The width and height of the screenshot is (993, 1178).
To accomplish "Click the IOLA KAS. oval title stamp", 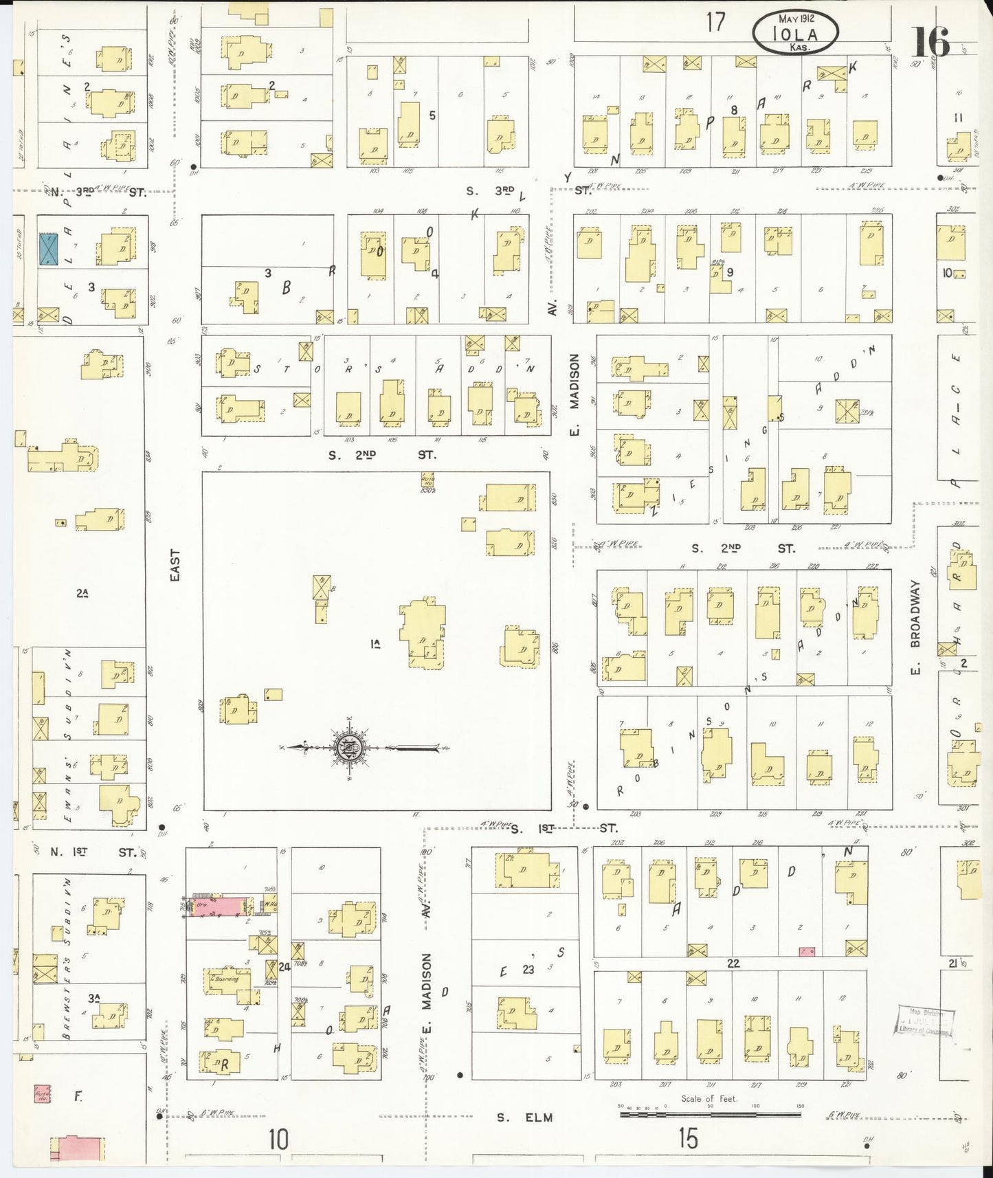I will coord(796,33).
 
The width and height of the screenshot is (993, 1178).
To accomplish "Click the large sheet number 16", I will coord(931,42).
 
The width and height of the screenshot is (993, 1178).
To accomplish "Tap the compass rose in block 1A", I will coord(350,747).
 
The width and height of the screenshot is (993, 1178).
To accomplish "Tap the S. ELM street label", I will coord(525,1118).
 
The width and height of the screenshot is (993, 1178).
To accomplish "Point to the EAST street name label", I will coord(175,566).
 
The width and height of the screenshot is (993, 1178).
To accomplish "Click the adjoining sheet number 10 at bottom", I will coord(278,1140).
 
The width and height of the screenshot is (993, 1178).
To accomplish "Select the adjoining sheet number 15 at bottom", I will coord(687,1139).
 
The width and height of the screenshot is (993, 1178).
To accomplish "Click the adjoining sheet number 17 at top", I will coord(715,22).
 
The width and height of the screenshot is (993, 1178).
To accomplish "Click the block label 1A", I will coord(375,644).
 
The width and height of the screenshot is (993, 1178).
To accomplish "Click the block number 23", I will coord(528,970).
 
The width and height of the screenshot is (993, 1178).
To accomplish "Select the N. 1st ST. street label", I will coord(93,852).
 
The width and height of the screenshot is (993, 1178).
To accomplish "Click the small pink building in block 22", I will coord(807,951).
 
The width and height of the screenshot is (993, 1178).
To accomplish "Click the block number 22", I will coord(733,964).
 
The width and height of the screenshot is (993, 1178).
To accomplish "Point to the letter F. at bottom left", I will coord(79,1098).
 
